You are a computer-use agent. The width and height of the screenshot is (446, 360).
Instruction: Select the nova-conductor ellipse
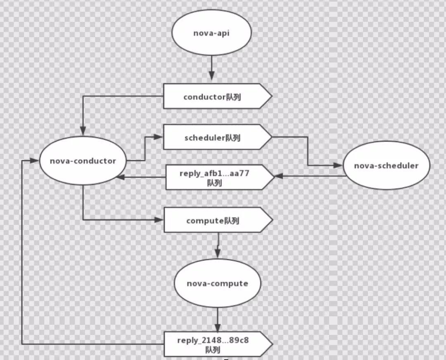tap(83, 161)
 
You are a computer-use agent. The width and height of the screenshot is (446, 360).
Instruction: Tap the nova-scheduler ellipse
tap(386, 166)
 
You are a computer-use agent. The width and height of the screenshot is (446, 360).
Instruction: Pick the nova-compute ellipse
tap(217, 284)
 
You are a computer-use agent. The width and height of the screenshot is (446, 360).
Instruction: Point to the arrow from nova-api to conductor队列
tap(211, 68)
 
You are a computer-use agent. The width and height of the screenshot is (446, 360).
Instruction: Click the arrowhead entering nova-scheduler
tap(339, 165)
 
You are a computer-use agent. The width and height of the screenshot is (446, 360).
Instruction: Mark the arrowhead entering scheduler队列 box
tap(159, 135)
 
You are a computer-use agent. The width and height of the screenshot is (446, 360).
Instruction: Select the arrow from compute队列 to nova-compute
tap(218, 244)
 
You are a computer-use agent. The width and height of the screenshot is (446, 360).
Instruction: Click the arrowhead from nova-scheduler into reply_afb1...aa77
tap(279, 176)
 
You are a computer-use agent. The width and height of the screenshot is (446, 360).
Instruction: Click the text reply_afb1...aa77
tap(214, 174)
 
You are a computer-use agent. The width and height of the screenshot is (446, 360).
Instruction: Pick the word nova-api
tap(211, 33)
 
